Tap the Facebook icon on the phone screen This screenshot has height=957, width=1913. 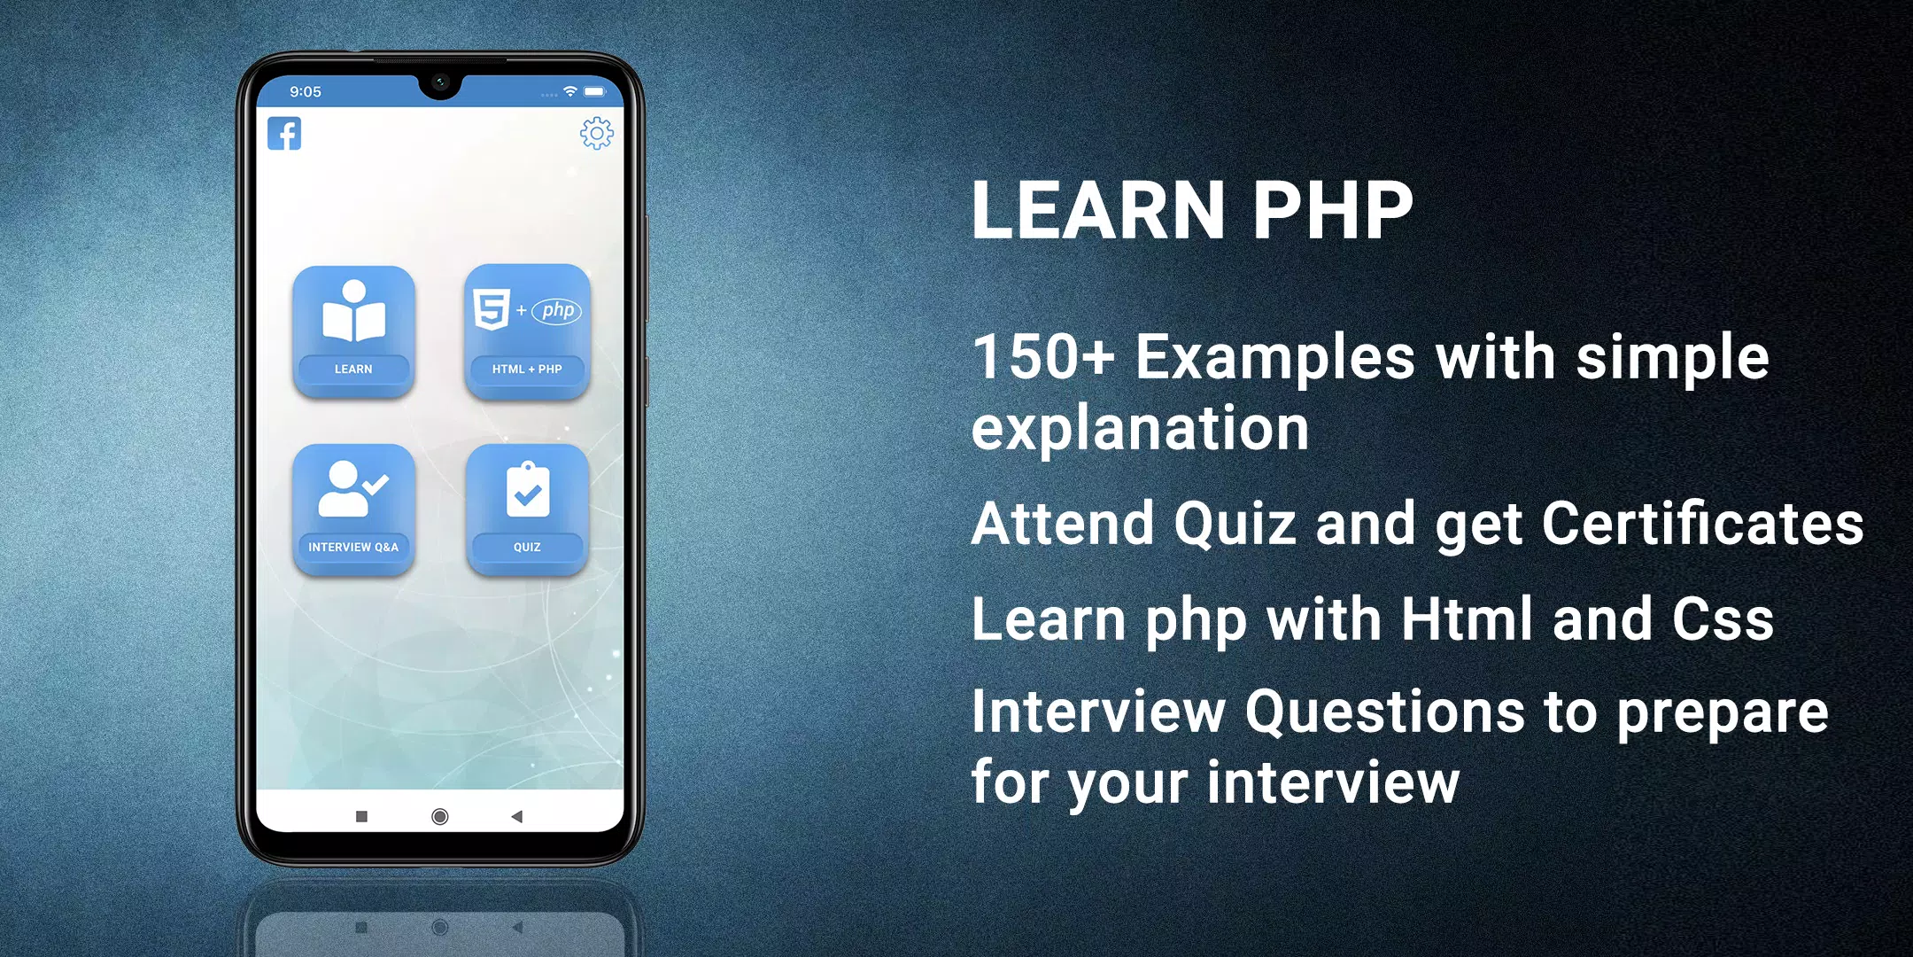tap(284, 134)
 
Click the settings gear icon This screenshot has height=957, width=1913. tap(597, 133)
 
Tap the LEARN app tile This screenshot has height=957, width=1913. tap(354, 331)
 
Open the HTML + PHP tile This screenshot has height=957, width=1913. tap(527, 331)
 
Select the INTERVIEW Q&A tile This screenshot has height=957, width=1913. tap(354, 510)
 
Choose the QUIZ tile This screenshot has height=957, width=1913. tap(528, 510)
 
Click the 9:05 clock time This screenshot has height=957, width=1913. tap(306, 91)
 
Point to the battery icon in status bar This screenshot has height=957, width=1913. tap(595, 91)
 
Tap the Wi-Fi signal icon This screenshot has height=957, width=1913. tap(570, 91)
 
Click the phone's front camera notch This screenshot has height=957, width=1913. tap(440, 82)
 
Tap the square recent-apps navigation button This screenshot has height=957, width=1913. tap(361, 816)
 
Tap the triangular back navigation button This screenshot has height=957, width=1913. tap(516, 816)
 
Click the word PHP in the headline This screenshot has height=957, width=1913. tap(1332, 211)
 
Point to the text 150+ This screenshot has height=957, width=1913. tap(1043, 357)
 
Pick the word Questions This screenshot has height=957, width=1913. tap(1385, 712)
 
